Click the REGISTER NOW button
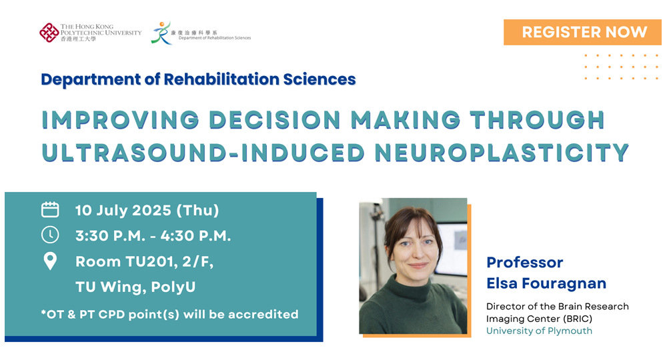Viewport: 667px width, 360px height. tap(582, 32)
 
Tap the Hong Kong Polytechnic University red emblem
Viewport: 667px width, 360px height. tap(49, 33)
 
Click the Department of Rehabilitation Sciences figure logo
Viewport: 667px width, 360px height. tap(161, 33)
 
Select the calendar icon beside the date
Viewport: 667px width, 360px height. tap(50, 209)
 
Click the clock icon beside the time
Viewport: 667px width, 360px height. tap(50, 235)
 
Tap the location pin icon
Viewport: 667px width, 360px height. tap(50, 261)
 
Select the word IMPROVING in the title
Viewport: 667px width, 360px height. tap(120, 120)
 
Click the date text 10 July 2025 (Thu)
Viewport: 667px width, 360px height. tap(147, 211)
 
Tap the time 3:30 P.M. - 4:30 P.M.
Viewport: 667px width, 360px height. tap(153, 236)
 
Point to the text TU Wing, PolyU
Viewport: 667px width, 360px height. tap(135, 287)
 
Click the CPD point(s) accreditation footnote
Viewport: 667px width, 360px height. tap(169, 315)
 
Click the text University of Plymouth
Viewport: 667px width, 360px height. tap(539, 331)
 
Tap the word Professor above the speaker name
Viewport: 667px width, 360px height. tap(524, 262)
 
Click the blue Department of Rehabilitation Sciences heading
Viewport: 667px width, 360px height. tap(198, 79)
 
